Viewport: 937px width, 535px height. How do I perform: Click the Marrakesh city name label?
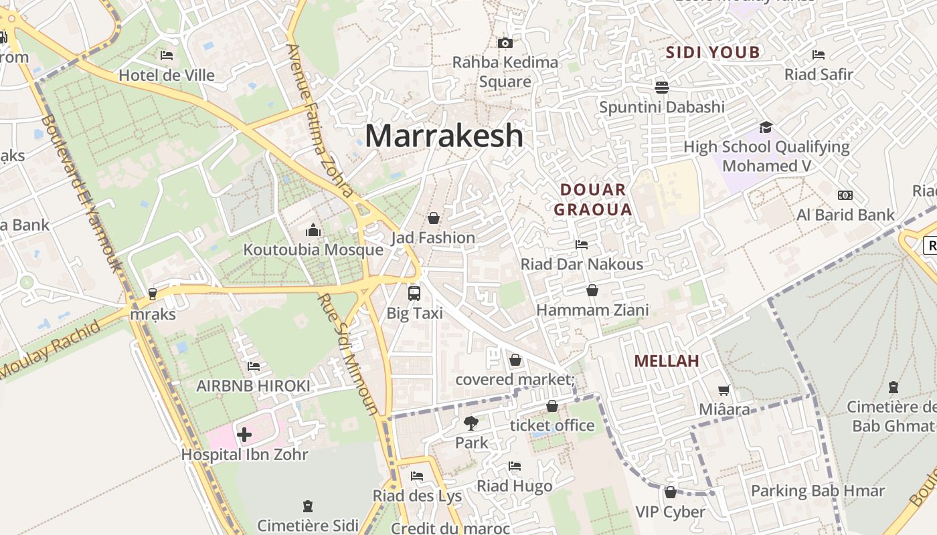click(444, 136)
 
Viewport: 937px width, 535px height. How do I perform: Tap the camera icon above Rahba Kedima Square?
click(505, 43)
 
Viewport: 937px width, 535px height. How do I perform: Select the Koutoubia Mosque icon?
click(313, 231)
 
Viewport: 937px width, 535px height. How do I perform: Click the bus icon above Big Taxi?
click(414, 293)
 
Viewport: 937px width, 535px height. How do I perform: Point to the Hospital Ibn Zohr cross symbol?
click(244, 435)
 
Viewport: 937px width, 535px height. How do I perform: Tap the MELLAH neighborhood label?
click(666, 361)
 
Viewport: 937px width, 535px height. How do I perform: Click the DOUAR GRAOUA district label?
click(593, 199)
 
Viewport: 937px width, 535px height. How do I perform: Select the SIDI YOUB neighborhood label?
click(713, 52)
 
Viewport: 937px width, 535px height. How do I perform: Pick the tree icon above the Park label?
click(471, 423)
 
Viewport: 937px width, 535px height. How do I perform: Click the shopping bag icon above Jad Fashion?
click(434, 218)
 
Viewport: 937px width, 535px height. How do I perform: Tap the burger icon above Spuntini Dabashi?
click(662, 87)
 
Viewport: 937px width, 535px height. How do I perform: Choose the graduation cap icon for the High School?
click(766, 127)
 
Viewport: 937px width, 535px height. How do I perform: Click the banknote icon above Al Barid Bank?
click(845, 195)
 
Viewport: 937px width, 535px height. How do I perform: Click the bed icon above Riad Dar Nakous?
click(582, 245)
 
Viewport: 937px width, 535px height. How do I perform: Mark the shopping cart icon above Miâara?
click(723, 390)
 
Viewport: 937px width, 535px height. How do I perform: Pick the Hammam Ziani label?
click(592, 310)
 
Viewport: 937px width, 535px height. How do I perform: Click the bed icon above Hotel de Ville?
click(167, 56)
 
